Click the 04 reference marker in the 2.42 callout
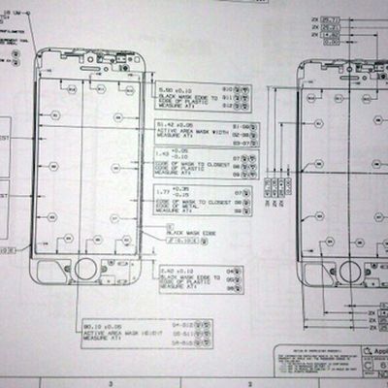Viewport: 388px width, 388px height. pos(233,269)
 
